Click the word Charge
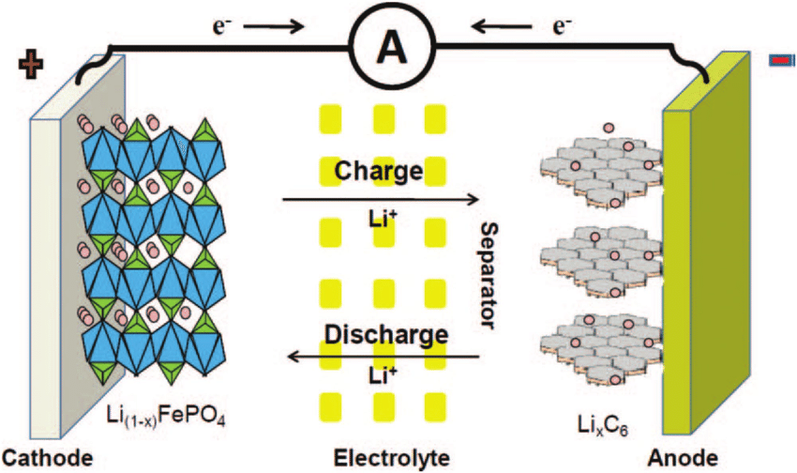pyautogui.click(x=379, y=172)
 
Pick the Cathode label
pyautogui.click(x=47, y=458)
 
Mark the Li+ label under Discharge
pyautogui.click(x=380, y=375)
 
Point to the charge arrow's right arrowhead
pyautogui.click(x=474, y=199)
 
